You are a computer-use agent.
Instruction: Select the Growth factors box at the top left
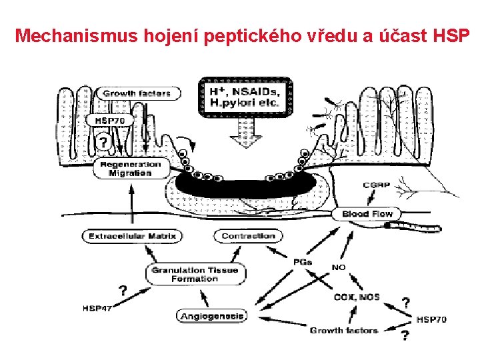[136, 93]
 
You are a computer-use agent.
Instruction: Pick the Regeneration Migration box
[131, 168]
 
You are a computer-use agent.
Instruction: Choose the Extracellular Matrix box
[132, 236]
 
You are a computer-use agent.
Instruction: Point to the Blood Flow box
[367, 213]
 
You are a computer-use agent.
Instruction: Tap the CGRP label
[377, 185]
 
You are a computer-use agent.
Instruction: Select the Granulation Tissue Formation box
[194, 274]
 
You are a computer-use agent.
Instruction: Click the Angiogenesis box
[212, 316]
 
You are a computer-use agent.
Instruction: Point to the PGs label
[302, 262]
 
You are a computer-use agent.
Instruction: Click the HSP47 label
[97, 308]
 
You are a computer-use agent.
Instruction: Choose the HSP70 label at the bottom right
[431, 320]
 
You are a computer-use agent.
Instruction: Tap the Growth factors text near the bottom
[344, 330]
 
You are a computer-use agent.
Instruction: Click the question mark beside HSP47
[123, 290]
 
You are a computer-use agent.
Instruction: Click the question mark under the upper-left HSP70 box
[103, 142]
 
